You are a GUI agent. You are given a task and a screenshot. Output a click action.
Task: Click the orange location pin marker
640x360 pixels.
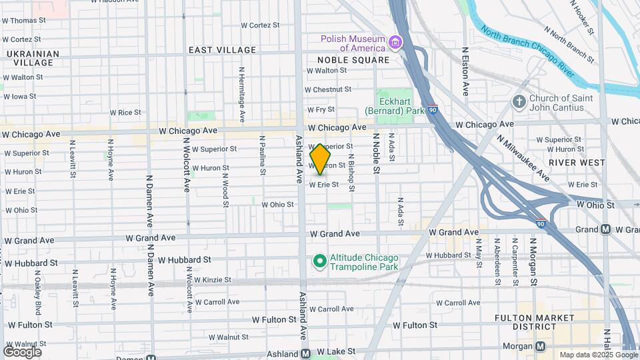321,159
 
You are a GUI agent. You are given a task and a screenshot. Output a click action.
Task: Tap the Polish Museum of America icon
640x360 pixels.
396,43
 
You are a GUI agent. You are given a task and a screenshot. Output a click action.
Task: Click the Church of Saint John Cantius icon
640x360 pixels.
519,103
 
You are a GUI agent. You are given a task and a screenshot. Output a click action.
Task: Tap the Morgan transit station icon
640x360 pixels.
540,347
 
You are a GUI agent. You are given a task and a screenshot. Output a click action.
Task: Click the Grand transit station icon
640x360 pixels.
605,229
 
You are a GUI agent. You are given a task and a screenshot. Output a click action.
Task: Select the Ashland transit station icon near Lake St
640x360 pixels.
305,353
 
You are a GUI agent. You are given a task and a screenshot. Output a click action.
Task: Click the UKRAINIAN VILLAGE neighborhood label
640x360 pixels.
31,58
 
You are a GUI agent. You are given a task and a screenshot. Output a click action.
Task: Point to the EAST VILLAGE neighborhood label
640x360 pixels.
222,50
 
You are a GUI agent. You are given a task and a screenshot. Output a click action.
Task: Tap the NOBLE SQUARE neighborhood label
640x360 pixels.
348,60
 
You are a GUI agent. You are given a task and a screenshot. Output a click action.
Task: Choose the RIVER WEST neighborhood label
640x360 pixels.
577,163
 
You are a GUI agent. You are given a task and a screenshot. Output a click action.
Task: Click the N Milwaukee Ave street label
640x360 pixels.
524,157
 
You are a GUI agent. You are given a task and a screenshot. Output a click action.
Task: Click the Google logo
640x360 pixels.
22,352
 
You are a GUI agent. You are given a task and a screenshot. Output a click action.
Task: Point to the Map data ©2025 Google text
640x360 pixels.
597,355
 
